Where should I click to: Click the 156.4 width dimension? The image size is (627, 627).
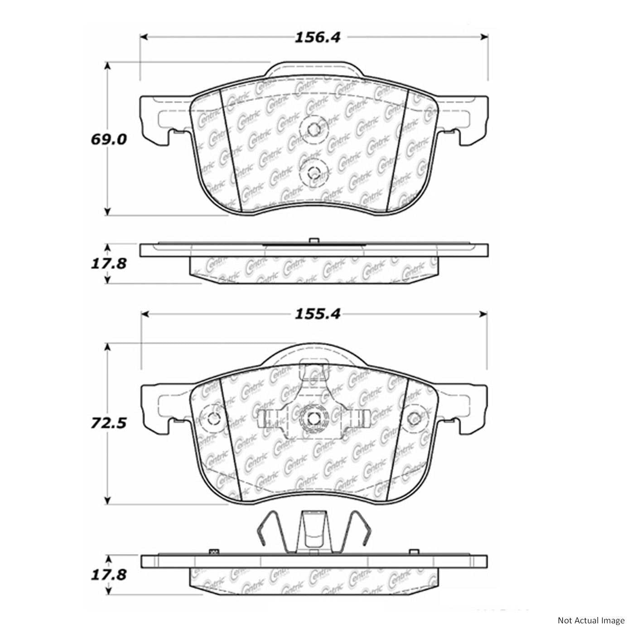click(x=317, y=37)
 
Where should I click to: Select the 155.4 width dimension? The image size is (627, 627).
click(x=317, y=313)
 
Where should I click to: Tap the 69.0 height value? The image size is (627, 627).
click(x=109, y=139)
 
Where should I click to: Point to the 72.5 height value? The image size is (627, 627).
click(x=109, y=423)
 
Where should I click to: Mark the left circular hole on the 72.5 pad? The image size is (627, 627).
click(x=212, y=419)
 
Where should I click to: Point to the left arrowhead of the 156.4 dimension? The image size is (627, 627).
click(x=144, y=37)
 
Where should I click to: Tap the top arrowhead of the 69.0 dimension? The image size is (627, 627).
click(x=107, y=66)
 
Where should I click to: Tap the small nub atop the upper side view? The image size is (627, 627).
click(x=312, y=241)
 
